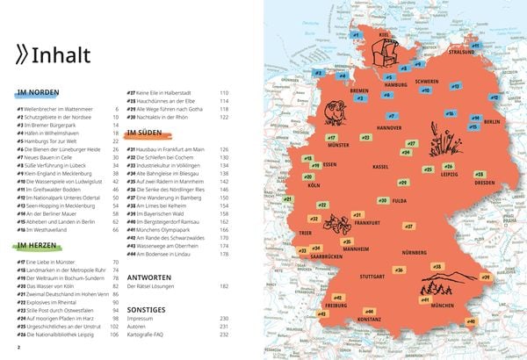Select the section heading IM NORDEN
(x=37, y=92)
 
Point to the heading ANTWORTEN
(x=149, y=273)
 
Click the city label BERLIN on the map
(x=492, y=121)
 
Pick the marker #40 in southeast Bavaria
(x=471, y=321)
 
